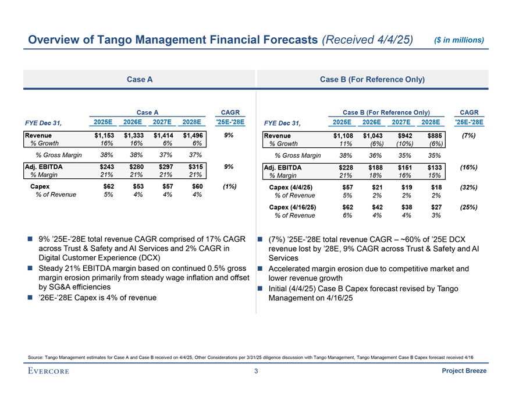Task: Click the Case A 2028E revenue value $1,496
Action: [x=192, y=135]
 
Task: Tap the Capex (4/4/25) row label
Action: [x=291, y=188]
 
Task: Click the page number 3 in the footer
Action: [x=256, y=372]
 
